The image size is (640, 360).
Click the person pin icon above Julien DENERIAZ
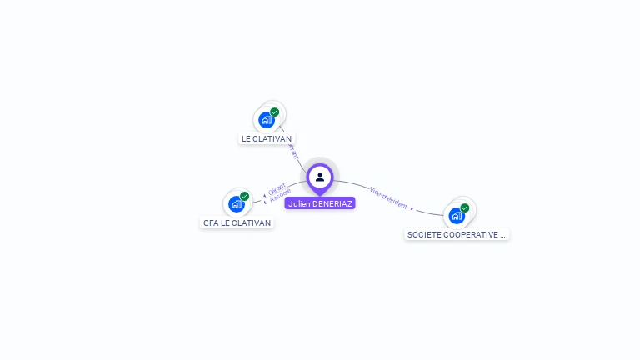[320, 177]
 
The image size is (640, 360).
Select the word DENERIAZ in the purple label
[332, 203]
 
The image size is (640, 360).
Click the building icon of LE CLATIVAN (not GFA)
[266, 119]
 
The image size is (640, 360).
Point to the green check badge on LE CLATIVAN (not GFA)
[275, 112]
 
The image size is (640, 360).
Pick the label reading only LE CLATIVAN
[267, 139]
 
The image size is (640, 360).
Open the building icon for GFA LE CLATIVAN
[236, 203]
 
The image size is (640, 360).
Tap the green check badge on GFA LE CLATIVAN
[245, 196]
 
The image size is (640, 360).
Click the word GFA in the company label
[211, 223]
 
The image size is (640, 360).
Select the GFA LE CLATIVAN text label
[237, 223]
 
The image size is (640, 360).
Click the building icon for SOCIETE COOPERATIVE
[456, 215]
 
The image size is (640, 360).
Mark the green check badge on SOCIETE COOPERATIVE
[465, 207]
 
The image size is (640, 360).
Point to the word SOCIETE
[425, 235]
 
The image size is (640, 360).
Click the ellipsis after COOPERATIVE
[503, 235]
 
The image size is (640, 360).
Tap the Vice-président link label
[388, 197]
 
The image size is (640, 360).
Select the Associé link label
[281, 197]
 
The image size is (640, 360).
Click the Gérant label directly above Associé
[277, 189]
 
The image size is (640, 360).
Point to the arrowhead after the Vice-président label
[412, 208]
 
